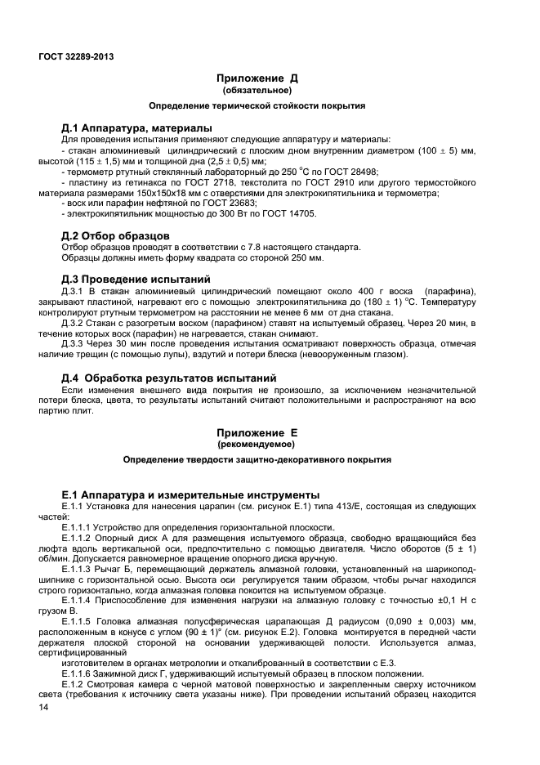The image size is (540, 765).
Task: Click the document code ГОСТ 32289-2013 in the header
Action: pos(76,56)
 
